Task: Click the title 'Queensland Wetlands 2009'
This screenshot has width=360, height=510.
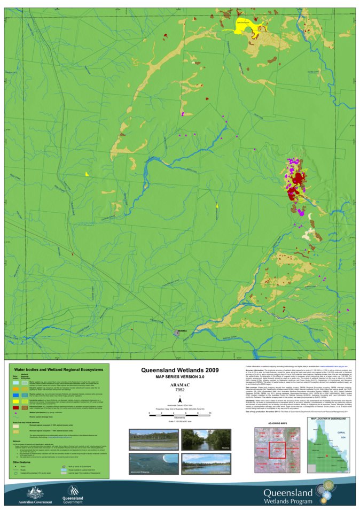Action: click(180, 369)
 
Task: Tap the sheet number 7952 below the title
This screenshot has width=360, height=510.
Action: click(180, 390)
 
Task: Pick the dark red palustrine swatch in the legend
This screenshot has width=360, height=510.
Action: click(17, 408)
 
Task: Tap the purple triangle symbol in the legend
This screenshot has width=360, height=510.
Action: click(17, 413)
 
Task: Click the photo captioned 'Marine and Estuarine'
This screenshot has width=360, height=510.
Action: click(146, 465)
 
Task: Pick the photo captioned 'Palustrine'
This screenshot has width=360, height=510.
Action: click(146, 439)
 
